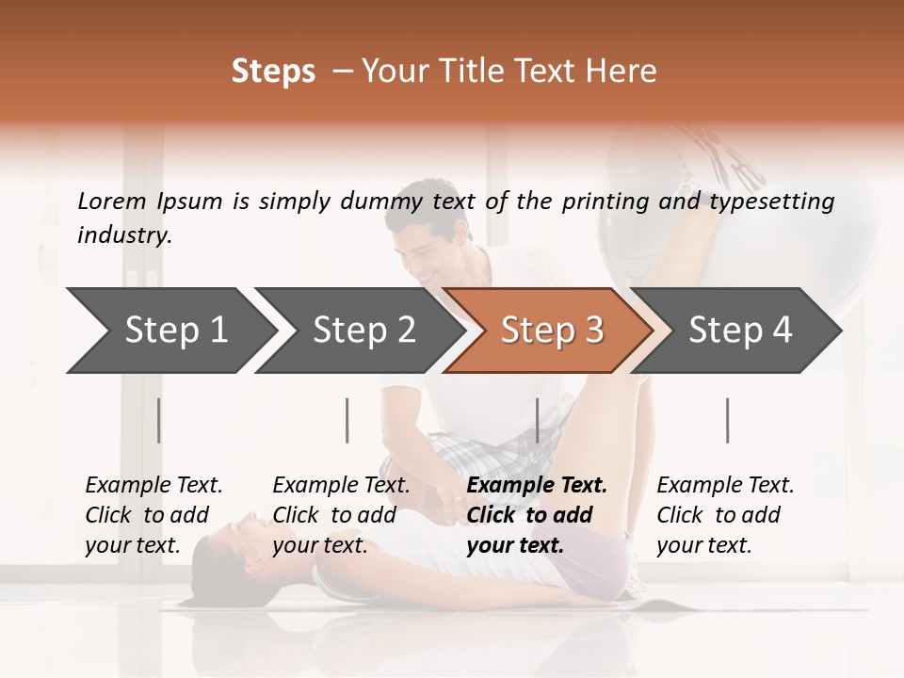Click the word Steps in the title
273,72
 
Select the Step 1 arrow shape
169,331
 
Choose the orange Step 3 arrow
551,331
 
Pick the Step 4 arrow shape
739,331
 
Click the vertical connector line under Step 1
159,420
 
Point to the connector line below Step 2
347,420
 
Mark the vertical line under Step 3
537,420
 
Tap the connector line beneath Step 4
727,420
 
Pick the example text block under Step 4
725,515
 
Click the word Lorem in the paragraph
112,202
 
